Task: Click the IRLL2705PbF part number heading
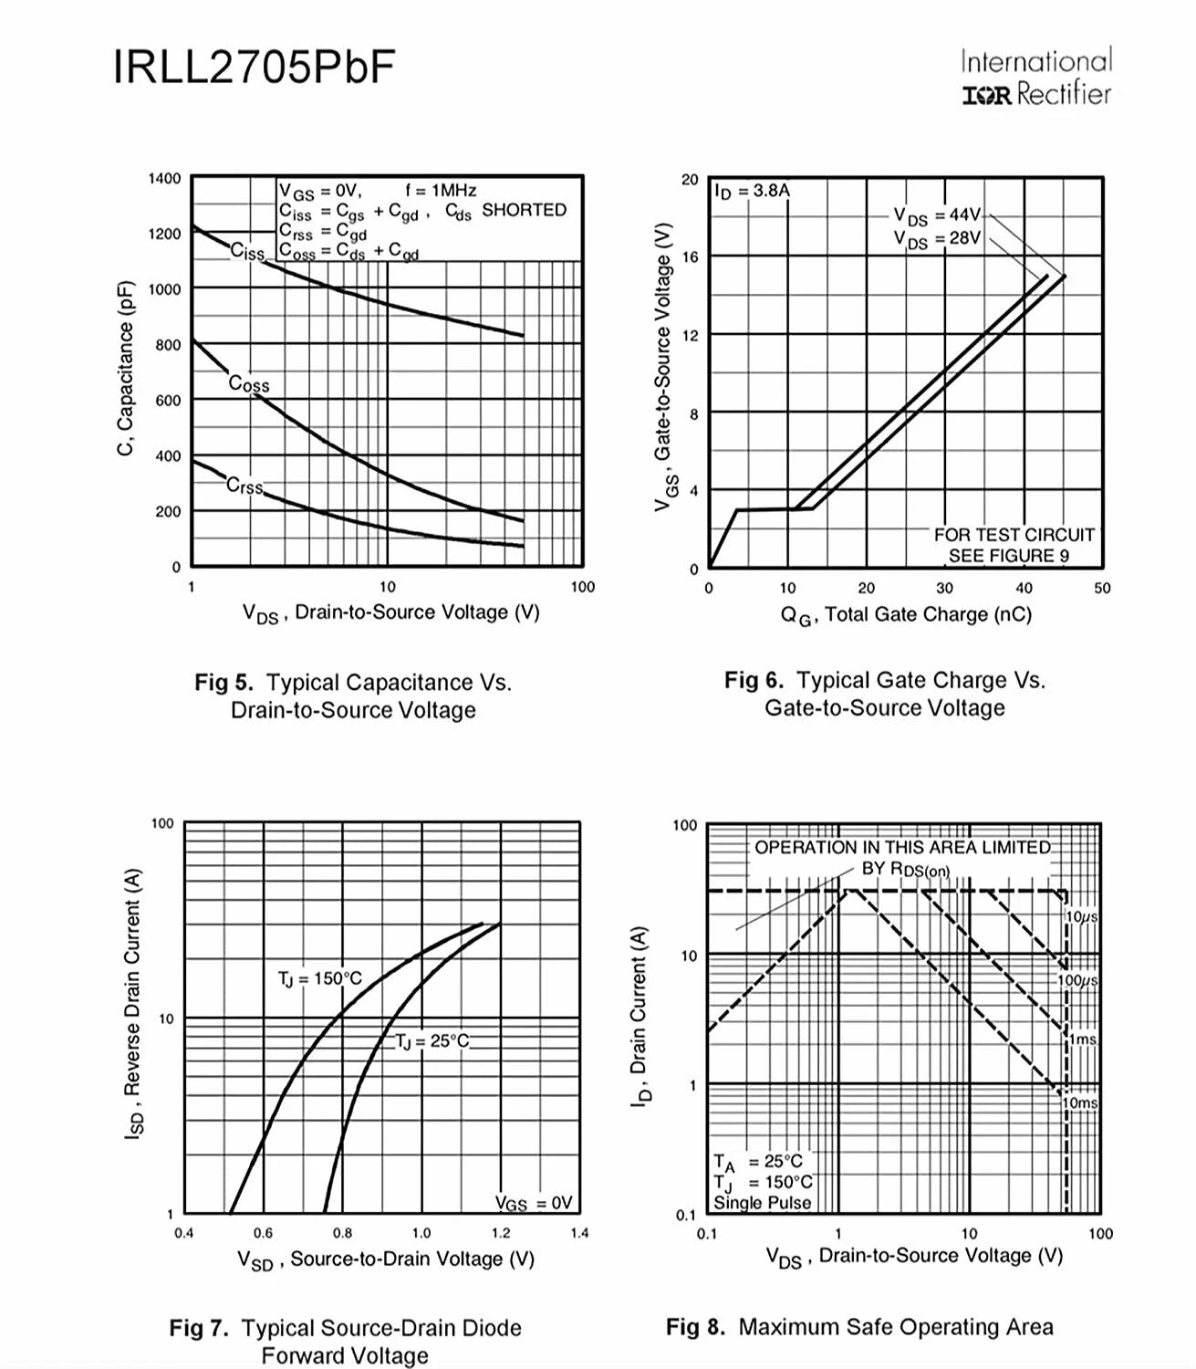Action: [255, 67]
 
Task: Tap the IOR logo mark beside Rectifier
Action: [986, 95]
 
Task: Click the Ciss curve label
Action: [247, 251]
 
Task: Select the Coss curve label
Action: [249, 383]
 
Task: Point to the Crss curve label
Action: [244, 486]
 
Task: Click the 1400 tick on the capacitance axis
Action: [165, 178]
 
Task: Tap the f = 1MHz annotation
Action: [441, 190]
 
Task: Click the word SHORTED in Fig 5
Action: [524, 210]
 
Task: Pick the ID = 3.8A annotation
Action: [752, 191]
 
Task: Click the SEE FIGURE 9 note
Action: [1008, 556]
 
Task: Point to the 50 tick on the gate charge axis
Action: [1102, 588]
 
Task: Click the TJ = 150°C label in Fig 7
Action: [319, 978]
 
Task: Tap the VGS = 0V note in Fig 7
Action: [534, 1203]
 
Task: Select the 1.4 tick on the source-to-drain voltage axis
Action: [579, 1233]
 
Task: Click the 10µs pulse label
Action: [1082, 916]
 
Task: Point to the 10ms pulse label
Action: [1081, 1103]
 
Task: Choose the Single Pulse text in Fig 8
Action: [762, 1203]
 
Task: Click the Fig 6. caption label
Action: [754, 680]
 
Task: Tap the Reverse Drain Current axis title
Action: [134, 1004]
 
